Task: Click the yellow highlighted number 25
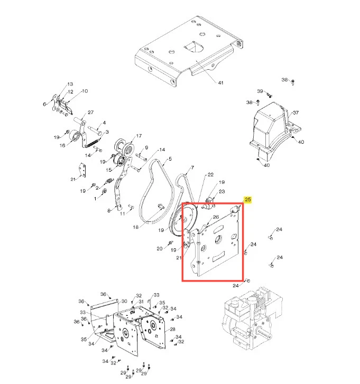pyautogui.click(x=248, y=199)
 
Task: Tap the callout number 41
pyautogui.click(x=220, y=83)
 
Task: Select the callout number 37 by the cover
pyautogui.click(x=296, y=113)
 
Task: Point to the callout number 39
pyautogui.click(x=260, y=91)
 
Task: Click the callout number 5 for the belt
pyautogui.click(x=170, y=159)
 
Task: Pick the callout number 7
pyautogui.click(x=192, y=167)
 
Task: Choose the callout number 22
pyautogui.click(x=210, y=175)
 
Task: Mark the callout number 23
pyautogui.click(x=222, y=192)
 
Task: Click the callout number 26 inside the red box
pyautogui.click(x=216, y=217)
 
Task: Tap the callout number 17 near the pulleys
pyautogui.click(x=139, y=136)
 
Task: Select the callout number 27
pyautogui.click(x=91, y=113)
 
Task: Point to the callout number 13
pyautogui.click(x=70, y=84)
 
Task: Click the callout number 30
pyautogui.click(x=124, y=301)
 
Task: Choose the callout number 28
pyautogui.click(x=172, y=330)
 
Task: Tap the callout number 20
pyautogui.click(x=160, y=249)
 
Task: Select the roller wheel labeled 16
pyautogui.click(x=74, y=136)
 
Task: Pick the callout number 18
pyautogui.click(x=135, y=227)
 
